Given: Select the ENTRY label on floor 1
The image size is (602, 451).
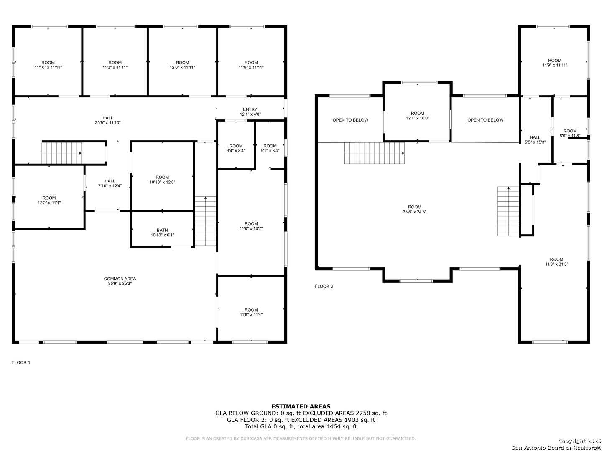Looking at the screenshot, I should point(250,109).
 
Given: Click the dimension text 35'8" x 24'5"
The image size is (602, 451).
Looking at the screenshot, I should point(414,212).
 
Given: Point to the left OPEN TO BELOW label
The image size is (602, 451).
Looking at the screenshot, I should point(350,120).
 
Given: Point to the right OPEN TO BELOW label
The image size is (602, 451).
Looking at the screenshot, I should point(485,120).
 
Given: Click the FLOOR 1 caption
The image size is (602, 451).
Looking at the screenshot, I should point(21,362).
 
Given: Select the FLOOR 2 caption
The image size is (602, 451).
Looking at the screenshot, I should point(324,286).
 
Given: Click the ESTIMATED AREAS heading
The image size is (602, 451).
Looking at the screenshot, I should point(301,406).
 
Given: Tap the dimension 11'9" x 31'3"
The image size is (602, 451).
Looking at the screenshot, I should point(556,264).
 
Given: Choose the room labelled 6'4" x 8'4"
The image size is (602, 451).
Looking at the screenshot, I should point(236,149).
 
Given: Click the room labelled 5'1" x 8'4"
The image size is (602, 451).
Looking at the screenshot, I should point(270,149).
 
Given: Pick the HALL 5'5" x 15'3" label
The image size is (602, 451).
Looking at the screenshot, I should point(535,139).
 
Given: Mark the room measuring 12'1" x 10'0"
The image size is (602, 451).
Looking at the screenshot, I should point(417,116).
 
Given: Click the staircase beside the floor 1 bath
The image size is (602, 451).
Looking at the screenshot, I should point(205,221).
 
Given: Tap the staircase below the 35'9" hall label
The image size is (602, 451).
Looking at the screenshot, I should point(61,153).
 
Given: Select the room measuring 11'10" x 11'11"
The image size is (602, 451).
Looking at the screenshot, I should point(48,65).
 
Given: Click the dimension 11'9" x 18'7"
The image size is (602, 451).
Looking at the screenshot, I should point(251,228).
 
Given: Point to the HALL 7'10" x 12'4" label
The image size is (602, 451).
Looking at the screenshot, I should point(110,183).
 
